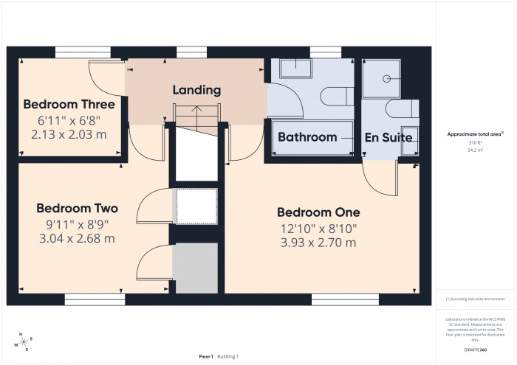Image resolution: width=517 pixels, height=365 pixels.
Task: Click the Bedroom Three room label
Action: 69,104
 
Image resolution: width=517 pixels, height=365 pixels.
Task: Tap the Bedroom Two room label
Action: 77,208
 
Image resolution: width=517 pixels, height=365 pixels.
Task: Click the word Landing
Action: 196,91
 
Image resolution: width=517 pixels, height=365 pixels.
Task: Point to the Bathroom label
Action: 307,137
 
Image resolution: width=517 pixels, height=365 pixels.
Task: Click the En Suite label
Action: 388,137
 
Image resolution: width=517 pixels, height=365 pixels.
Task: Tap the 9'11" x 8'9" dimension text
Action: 77,224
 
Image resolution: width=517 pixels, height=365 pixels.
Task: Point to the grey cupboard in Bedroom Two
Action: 195,267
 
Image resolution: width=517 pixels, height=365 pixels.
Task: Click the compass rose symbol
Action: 23,340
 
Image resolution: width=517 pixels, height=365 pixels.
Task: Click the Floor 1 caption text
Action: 206,356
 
